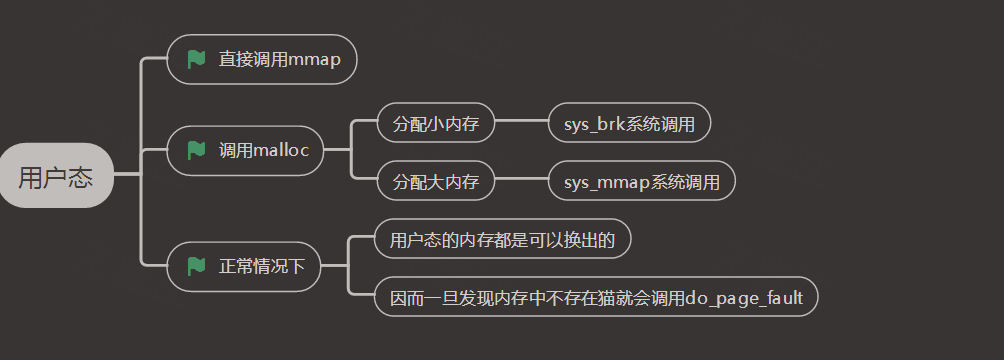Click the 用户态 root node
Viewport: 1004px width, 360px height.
pos(56,176)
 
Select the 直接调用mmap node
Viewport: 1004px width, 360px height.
pos(262,60)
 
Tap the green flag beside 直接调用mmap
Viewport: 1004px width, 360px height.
pos(196,60)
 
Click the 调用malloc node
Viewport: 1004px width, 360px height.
pos(246,151)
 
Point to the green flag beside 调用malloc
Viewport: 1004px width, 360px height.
pos(196,151)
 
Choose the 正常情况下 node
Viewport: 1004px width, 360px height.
pos(243,266)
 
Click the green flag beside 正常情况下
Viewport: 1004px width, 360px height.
pos(196,266)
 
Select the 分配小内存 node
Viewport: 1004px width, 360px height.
pos(436,123)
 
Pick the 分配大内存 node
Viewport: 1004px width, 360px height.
pos(436,181)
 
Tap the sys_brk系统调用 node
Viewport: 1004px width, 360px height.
pos(629,123)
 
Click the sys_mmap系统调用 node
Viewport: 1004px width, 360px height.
pos(642,181)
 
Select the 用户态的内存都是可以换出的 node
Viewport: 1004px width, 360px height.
pos(503,239)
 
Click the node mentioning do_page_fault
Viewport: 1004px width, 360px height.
pos(596,297)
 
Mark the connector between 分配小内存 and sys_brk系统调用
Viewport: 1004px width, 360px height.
pos(522,120)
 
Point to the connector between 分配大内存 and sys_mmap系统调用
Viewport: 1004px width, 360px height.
pos(522,179)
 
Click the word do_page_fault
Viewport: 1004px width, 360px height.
pos(744,298)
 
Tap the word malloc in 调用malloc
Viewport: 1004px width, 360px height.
pos(282,151)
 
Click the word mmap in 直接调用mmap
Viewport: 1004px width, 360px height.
pos(314,61)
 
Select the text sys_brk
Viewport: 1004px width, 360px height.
pos(593,124)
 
